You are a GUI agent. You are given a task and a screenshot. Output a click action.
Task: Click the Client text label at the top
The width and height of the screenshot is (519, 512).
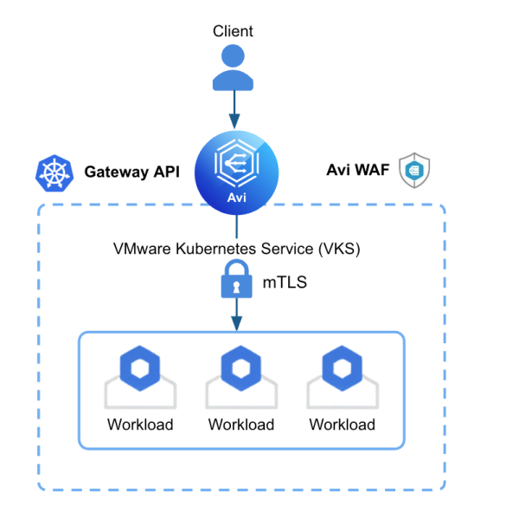233,31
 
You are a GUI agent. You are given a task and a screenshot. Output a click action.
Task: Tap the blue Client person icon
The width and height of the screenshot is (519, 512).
234,68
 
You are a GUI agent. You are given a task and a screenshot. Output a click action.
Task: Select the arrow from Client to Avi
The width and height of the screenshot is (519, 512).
234,111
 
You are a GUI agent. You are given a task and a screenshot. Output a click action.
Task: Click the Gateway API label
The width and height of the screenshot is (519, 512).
131,172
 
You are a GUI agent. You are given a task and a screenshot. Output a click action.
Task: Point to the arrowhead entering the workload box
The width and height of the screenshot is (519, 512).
236,322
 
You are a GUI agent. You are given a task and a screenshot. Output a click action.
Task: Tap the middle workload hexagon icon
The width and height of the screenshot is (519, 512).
240,369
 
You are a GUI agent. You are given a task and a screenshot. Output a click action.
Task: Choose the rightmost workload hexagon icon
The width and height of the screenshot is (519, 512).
342,369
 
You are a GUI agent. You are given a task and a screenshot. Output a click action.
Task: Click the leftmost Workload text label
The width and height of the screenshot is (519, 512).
140,425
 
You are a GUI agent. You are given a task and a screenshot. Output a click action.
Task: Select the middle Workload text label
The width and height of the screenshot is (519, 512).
241,425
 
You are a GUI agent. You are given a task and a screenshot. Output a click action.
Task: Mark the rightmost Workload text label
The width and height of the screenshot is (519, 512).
343,425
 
